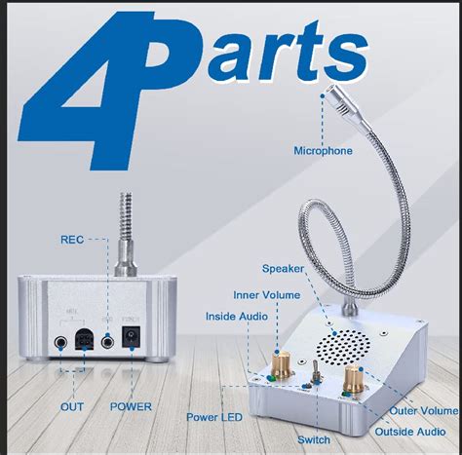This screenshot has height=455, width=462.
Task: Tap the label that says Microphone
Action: click(324, 150)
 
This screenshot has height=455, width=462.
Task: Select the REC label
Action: click(73, 238)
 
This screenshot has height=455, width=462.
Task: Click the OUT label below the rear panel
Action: click(73, 406)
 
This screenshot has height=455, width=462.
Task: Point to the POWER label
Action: click(131, 406)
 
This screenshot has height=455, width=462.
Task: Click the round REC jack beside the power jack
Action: click(106, 341)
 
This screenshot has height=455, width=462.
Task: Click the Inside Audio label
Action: click(238, 316)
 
